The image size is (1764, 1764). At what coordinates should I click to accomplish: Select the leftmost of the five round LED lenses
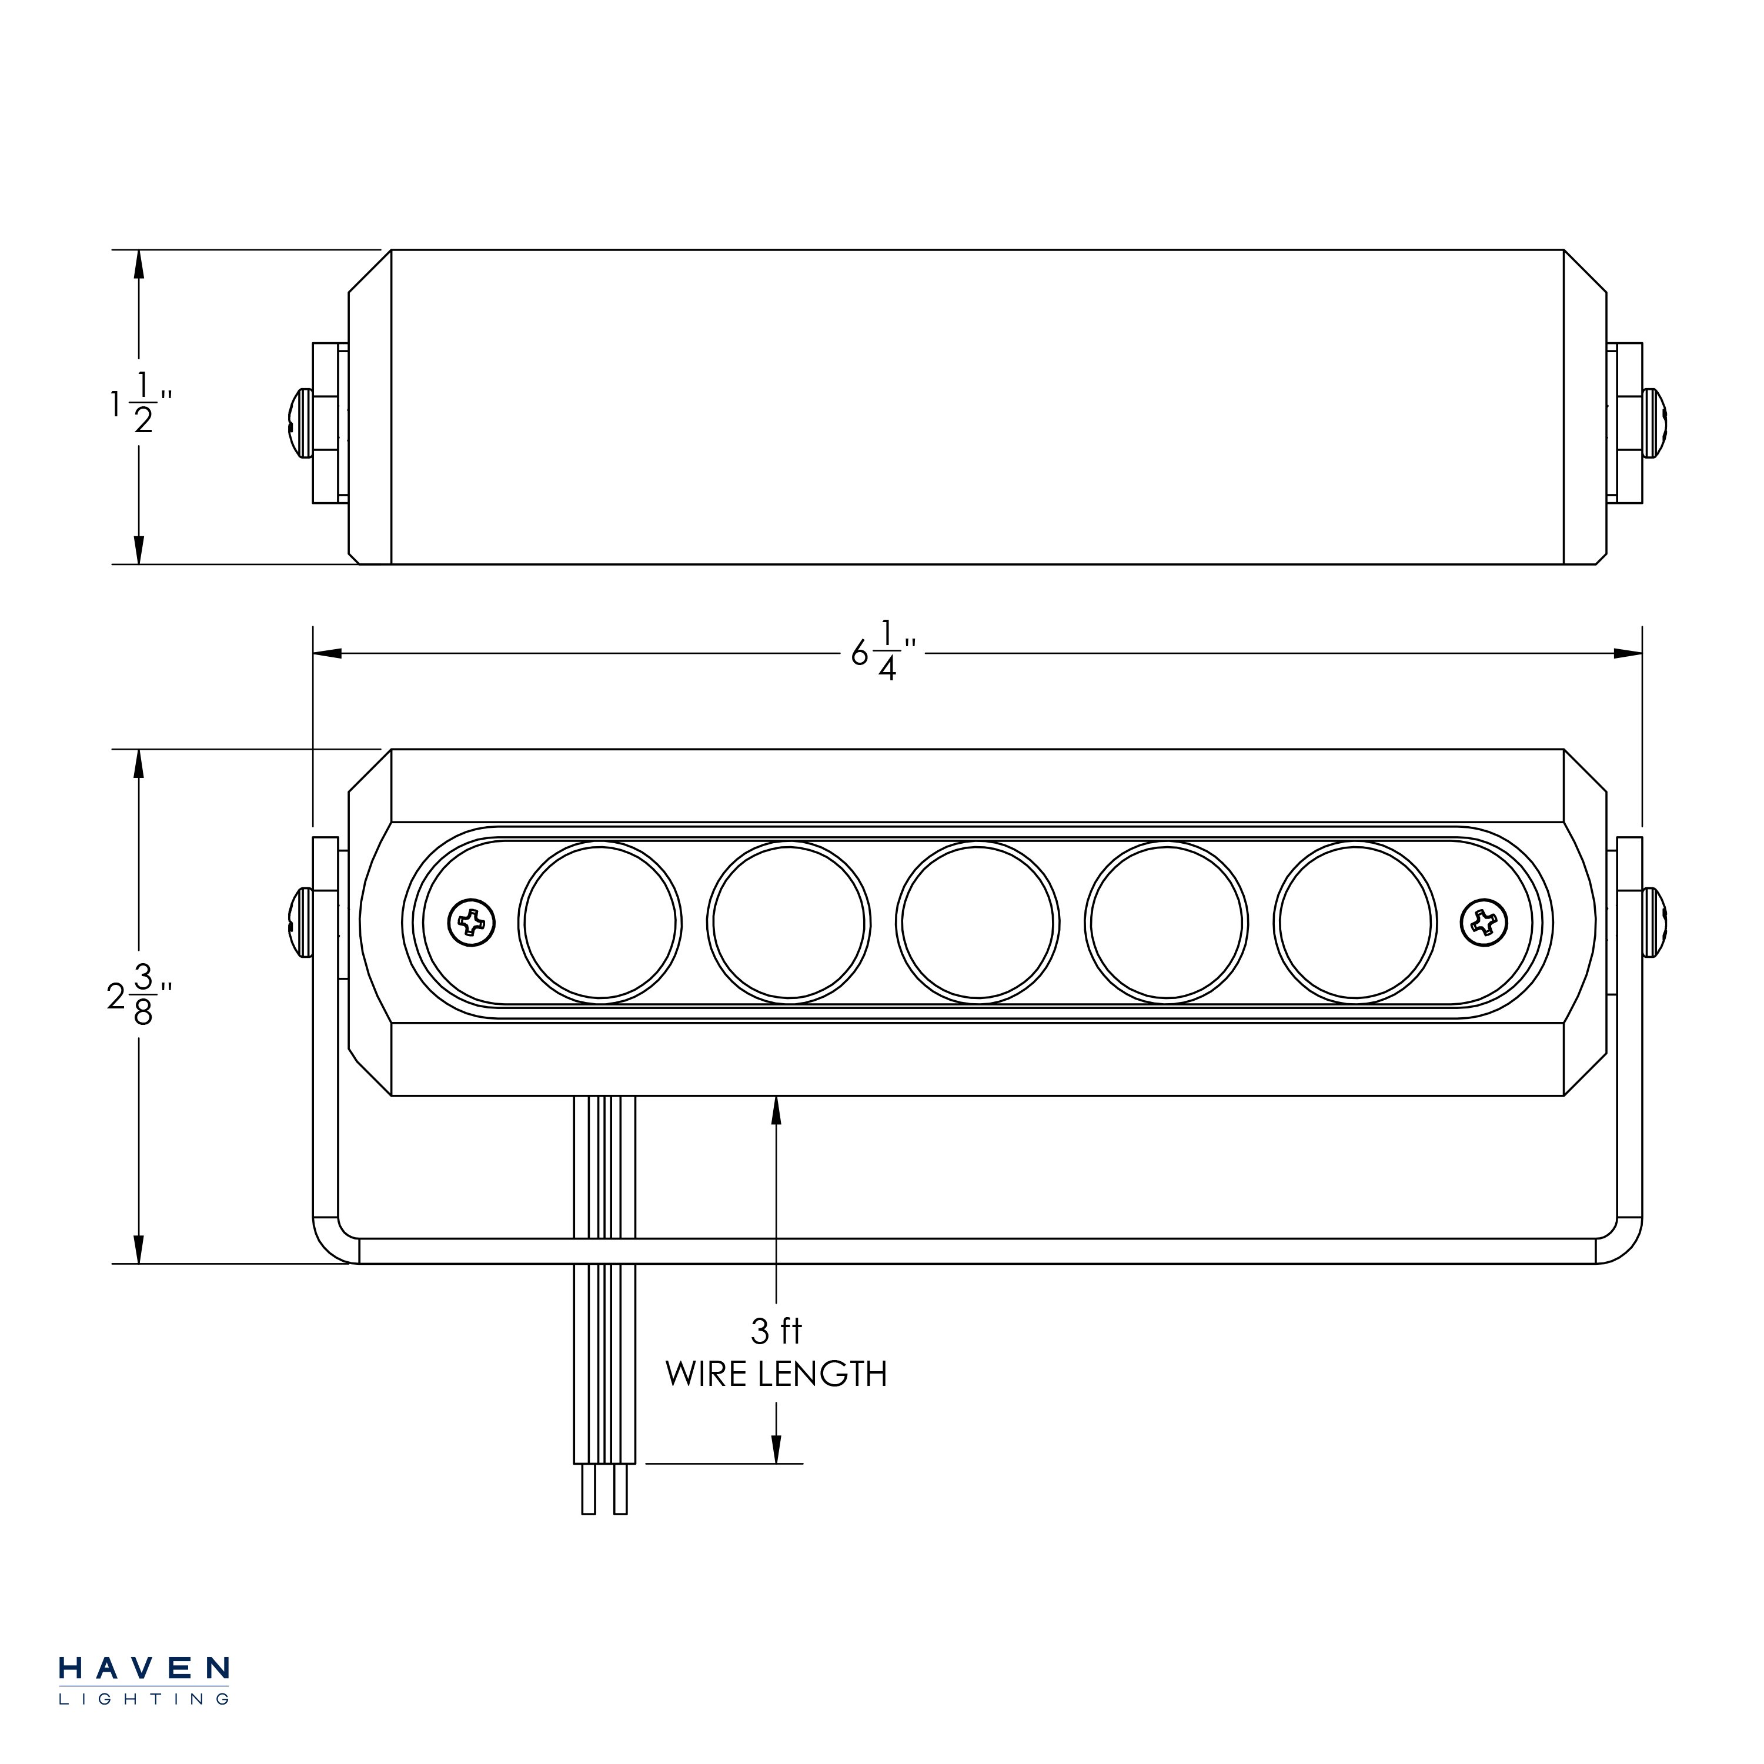pos(599,922)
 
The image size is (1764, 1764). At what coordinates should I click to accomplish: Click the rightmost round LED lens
pos(1355,922)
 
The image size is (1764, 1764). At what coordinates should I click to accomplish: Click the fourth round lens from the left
pos(1166,922)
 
